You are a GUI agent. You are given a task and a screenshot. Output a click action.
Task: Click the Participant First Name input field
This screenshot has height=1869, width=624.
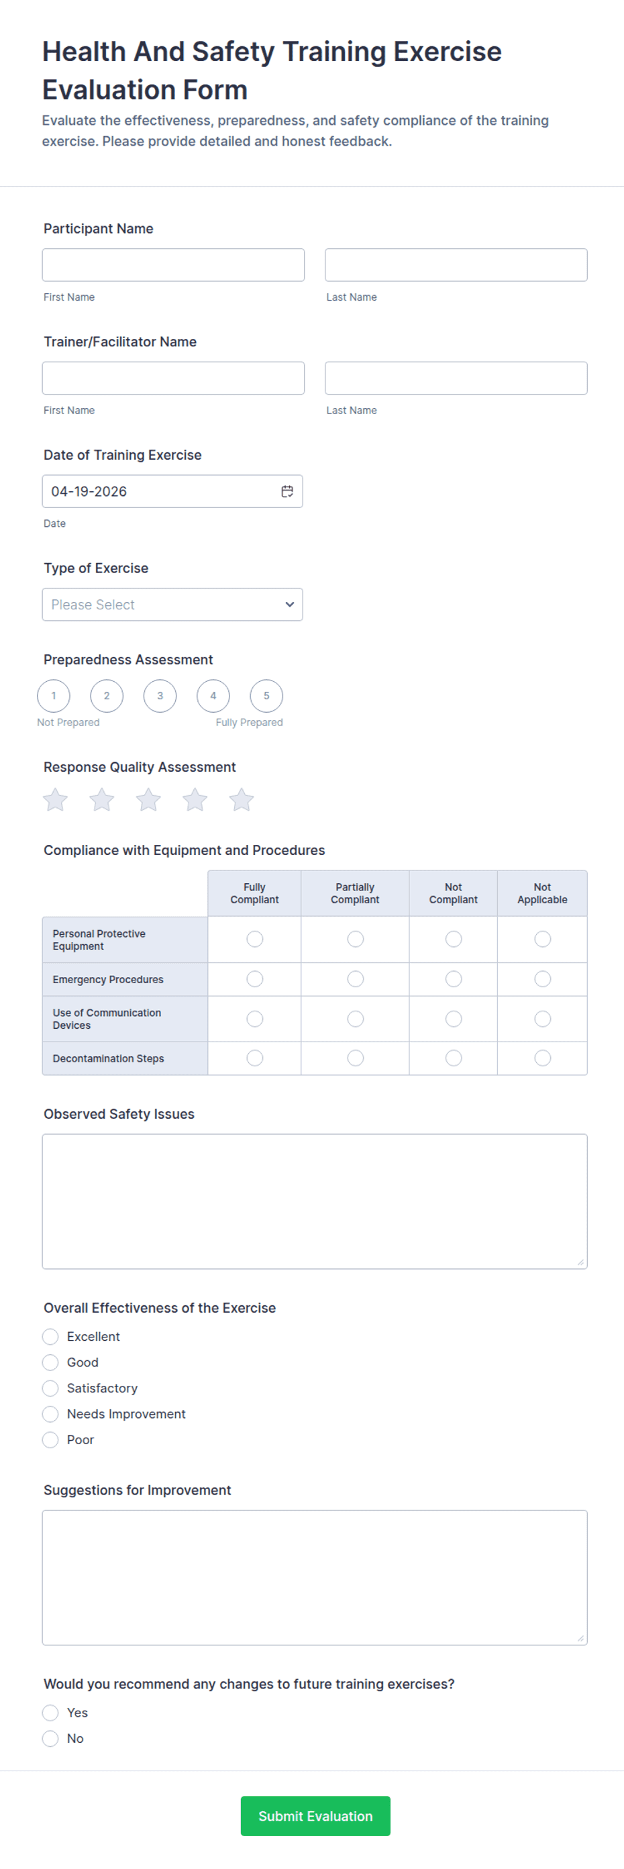click(172, 265)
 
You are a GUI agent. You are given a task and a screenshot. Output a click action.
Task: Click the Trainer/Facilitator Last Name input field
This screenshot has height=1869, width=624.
click(456, 378)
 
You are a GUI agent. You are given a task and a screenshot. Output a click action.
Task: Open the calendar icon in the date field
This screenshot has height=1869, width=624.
click(287, 491)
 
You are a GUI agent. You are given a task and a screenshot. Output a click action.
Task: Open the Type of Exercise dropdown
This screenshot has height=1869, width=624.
click(172, 605)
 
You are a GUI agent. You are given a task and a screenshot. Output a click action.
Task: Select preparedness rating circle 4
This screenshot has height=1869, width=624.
click(213, 696)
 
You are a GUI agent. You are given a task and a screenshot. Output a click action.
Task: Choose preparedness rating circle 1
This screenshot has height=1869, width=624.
click(54, 696)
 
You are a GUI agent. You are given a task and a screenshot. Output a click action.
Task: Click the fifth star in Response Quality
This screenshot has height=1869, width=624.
click(242, 799)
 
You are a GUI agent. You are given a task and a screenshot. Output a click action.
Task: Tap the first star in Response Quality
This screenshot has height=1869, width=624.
click(55, 799)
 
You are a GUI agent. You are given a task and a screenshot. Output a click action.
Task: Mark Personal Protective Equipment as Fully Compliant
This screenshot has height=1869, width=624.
click(255, 939)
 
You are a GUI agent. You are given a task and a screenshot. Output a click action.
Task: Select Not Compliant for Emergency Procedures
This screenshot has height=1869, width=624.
click(454, 978)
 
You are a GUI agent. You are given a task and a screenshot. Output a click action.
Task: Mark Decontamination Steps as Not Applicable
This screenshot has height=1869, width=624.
click(542, 1058)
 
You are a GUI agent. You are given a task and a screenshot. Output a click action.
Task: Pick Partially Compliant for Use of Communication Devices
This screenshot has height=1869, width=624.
click(356, 1019)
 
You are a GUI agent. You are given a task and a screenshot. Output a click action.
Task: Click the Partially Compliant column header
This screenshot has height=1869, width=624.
click(355, 893)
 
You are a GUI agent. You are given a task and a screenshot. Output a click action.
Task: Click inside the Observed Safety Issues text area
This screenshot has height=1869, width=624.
click(314, 1201)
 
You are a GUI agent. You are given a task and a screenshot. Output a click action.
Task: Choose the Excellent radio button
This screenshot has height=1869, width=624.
click(50, 1336)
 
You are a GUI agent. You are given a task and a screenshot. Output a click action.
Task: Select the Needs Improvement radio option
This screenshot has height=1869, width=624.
click(50, 1413)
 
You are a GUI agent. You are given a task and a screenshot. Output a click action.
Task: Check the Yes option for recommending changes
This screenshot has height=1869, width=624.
click(50, 1712)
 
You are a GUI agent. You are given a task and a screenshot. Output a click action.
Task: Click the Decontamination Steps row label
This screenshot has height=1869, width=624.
click(108, 1058)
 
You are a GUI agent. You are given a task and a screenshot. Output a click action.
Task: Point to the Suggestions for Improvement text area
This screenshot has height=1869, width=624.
click(314, 1576)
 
